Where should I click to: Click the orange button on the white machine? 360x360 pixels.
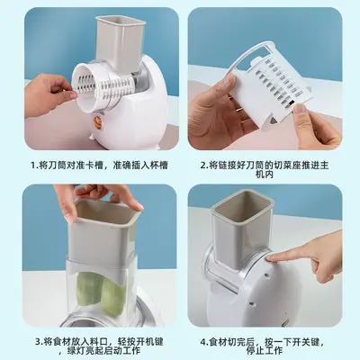click(x=98, y=121)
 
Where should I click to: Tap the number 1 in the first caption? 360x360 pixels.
click(x=33, y=166)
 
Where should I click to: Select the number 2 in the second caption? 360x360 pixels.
click(x=202, y=166)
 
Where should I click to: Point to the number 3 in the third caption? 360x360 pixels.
click(x=38, y=342)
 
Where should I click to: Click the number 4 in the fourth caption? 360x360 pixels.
click(x=203, y=342)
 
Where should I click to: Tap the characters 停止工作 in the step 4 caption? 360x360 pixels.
click(x=265, y=350)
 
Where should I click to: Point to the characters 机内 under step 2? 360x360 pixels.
click(x=265, y=175)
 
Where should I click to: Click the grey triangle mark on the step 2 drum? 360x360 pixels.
click(x=273, y=121)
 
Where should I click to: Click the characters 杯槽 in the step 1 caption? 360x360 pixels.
click(x=159, y=166)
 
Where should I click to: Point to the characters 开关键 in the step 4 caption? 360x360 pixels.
click(x=305, y=342)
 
